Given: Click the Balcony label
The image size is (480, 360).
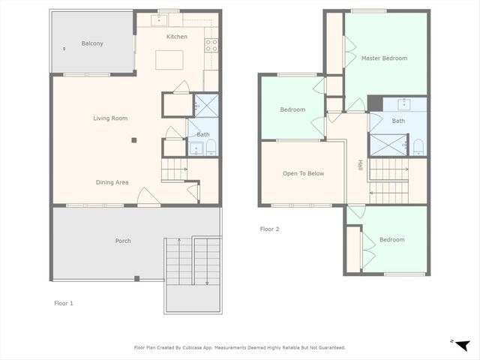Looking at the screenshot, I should pyautogui.click(x=92, y=43).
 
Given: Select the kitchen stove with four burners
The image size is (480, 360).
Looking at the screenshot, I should pyautogui.click(x=211, y=45).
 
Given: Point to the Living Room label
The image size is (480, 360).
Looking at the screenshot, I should pyautogui.click(x=110, y=118).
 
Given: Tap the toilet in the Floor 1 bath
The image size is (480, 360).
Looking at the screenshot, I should pyautogui.click(x=211, y=145).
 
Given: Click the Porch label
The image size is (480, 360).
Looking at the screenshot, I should pyautogui.click(x=123, y=241).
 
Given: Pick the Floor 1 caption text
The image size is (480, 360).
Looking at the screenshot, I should pyautogui.click(x=64, y=304).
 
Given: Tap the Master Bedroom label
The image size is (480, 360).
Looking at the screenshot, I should pyautogui.click(x=384, y=58).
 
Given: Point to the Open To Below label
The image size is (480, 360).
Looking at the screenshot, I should pyautogui.click(x=303, y=173).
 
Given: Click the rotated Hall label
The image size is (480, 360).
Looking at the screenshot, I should pyautogui.click(x=360, y=166).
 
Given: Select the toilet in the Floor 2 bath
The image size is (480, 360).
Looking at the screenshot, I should pyautogui.click(x=418, y=144).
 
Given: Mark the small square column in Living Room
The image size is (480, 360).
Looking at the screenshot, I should pyautogui.click(x=133, y=139).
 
